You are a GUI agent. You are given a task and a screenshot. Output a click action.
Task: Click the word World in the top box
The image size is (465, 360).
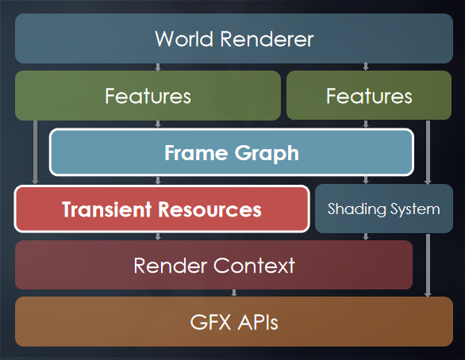(x=184, y=39)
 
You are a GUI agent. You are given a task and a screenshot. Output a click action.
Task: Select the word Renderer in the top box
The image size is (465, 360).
(x=267, y=39)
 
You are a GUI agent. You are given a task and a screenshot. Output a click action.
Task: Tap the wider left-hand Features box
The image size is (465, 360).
(x=148, y=95)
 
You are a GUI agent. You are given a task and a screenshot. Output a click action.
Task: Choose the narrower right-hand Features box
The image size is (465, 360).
(x=369, y=95)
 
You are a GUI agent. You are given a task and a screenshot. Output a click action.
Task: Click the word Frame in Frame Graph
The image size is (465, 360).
(x=196, y=152)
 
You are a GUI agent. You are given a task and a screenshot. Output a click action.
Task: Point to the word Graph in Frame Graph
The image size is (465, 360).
(x=267, y=154)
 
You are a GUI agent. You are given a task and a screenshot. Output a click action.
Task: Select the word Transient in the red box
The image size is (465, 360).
(x=107, y=209)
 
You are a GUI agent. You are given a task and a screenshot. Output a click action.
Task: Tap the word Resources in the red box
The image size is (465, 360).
(x=209, y=209)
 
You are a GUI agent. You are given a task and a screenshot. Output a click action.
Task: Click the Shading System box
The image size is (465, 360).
(x=384, y=209)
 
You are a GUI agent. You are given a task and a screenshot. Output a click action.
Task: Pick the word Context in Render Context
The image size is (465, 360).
(x=254, y=265)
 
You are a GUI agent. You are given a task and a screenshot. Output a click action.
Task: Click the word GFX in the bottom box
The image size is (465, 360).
(x=210, y=322)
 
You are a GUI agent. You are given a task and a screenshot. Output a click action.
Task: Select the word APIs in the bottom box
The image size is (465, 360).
(x=258, y=322)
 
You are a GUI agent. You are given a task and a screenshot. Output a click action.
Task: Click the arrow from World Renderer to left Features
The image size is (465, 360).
(x=158, y=67)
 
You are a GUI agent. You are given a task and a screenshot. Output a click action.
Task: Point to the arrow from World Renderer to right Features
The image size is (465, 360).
(x=366, y=67)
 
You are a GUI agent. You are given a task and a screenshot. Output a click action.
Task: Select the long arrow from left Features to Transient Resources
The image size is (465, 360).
(x=35, y=152)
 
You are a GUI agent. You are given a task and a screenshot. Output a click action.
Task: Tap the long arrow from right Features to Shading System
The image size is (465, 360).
(x=428, y=152)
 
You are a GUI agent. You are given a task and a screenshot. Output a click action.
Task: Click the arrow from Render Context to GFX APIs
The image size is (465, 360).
(x=234, y=293)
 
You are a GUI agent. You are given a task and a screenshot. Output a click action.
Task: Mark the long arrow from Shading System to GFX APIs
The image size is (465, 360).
(x=428, y=265)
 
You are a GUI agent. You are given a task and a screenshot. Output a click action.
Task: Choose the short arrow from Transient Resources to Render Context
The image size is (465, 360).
(x=158, y=236)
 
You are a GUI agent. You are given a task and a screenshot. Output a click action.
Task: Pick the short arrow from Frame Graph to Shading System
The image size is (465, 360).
(x=366, y=180)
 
